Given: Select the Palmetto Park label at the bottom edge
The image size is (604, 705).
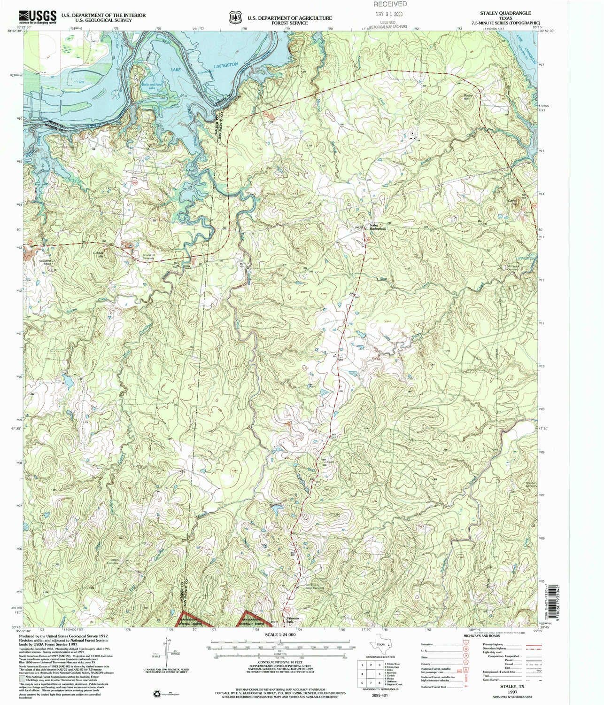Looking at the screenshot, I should pos(292,621).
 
